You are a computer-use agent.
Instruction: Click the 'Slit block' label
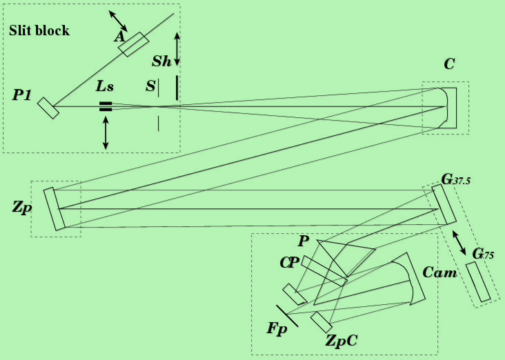[x=39, y=31]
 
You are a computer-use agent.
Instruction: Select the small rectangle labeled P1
[x=48, y=108]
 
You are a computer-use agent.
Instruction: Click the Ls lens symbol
[x=105, y=106]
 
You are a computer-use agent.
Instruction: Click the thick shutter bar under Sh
[x=177, y=87]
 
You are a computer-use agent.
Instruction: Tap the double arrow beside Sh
[x=177, y=49]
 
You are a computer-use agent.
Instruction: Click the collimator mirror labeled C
[x=447, y=107]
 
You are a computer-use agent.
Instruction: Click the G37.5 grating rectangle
[x=444, y=204]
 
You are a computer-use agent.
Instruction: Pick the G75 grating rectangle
[x=477, y=281]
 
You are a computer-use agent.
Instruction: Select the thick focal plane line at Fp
[x=287, y=315]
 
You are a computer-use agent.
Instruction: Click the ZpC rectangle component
[x=321, y=322]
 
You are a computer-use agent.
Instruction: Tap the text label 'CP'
[x=288, y=263]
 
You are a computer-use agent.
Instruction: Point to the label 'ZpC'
[x=342, y=339]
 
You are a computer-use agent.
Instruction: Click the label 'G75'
[x=482, y=252]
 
